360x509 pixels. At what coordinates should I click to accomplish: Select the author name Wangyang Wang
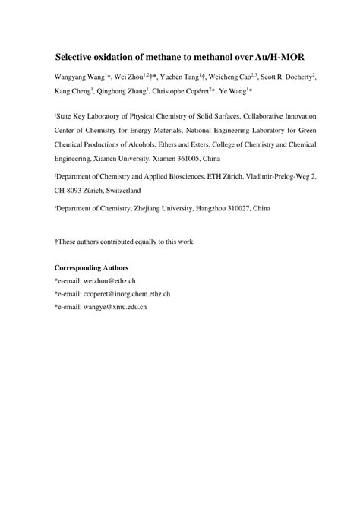coord(79,78)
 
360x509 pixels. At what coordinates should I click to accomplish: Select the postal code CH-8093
coord(73,191)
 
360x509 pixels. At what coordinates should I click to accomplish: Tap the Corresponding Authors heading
coord(92,268)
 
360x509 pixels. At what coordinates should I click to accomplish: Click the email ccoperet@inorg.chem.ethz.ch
coord(127,293)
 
